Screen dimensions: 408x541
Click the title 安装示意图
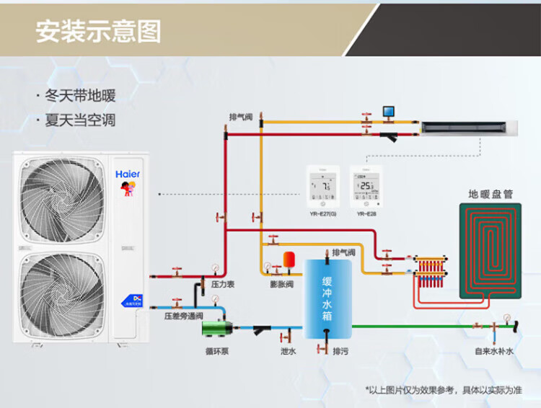99,31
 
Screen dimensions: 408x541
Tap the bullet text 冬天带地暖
80,96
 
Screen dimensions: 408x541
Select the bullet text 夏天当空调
80,120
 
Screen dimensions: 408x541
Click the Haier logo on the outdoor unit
128,174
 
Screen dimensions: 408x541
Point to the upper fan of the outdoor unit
62,196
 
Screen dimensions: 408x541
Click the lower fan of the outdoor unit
62,291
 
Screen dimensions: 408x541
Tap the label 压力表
223,285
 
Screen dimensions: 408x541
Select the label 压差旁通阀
183,316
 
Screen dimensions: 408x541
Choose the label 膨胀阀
282,285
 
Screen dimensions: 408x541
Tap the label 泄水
288,351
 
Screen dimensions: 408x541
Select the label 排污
340,351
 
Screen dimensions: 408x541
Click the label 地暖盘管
491,194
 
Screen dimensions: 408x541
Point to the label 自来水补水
494,351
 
